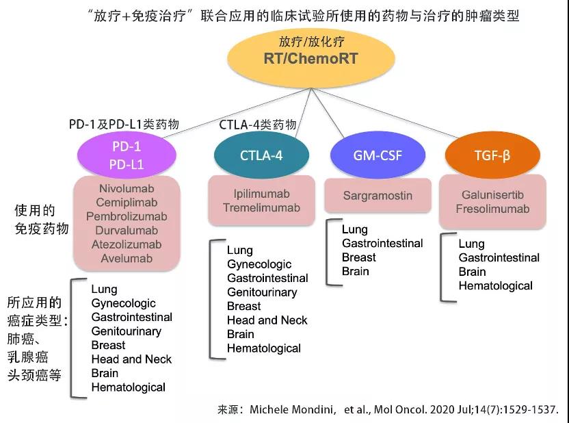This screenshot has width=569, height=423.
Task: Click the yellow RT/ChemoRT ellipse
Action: (311, 58)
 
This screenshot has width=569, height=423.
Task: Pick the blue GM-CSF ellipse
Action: (378, 155)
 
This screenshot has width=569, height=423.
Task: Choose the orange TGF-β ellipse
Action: (493, 155)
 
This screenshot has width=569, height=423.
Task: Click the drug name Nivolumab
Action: (126, 188)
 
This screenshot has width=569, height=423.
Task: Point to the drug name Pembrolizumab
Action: (126, 216)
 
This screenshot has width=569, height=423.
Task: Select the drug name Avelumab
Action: (126, 259)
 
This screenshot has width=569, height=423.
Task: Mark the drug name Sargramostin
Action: (378, 196)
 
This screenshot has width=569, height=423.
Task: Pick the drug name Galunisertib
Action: (492, 194)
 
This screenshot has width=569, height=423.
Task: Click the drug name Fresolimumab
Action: (492, 209)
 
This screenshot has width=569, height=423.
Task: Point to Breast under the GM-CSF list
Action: (359, 257)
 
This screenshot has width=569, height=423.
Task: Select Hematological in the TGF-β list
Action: (495, 285)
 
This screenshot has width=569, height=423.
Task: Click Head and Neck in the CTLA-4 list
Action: (267, 320)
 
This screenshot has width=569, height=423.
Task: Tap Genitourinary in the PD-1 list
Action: (127, 331)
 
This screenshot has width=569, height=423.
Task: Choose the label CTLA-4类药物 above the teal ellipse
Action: (258, 125)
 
